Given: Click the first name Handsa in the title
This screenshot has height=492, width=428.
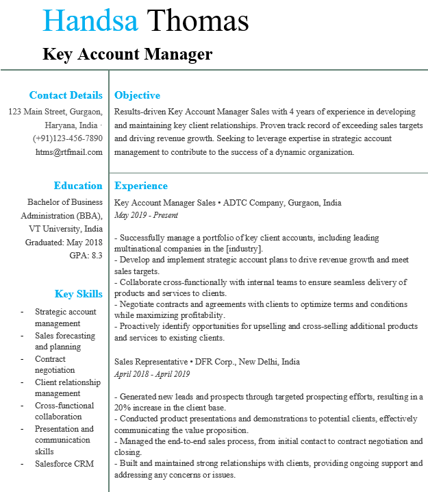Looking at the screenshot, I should pyautogui.click(x=90, y=21).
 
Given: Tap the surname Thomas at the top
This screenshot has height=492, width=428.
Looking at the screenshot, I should pyautogui.click(x=197, y=21).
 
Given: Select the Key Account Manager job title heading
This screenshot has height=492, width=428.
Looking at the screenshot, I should pyautogui.click(x=127, y=54).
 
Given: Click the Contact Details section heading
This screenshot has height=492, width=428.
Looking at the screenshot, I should pyautogui.click(x=66, y=95).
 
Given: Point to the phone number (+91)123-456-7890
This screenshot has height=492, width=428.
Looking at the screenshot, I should pyautogui.click(x=68, y=138).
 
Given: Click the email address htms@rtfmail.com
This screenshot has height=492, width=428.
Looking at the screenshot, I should pyautogui.click(x=69, y=151).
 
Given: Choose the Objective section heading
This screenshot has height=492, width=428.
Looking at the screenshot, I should pyautogui.click(x=137, y=95).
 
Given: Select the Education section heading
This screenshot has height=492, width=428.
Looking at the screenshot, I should pyautogui.click(x=78, y=186).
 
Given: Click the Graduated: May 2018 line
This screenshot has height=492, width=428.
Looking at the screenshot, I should pyautogui.click(x=64, y=242).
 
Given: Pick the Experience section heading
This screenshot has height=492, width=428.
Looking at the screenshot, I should pyautogui.click(x=141, y=186).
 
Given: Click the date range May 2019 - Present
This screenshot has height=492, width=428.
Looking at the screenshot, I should pyautogui.click(x=146, y=215).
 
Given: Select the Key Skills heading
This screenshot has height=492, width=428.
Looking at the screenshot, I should pyautogui.click(x=79, y=294).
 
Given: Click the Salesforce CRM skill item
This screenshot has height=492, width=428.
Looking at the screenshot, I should pyautogui.click(x=64, y=463).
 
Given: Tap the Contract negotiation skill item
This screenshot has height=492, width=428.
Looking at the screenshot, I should pyautogui.click(x=55, y=365).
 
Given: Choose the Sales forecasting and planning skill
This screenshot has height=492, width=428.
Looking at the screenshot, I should pyautogui.click(x=65, y=341).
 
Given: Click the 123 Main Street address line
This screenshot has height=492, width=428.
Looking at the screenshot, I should pyautogui.click(x=55, y=112).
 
